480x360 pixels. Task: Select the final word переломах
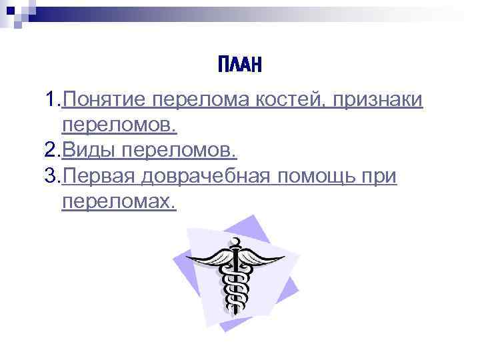coord(119,201)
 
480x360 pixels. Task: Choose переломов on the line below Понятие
coord(119,125)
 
